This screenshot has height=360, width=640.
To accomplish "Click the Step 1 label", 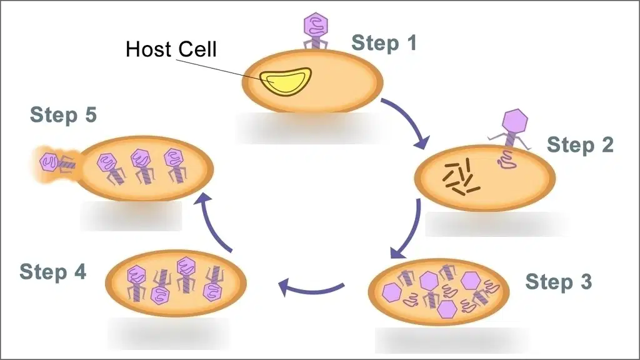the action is (x=384, y=43).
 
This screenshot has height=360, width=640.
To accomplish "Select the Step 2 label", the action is (x=580, y=145).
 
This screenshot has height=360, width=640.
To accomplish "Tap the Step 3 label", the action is (x=558, y=282).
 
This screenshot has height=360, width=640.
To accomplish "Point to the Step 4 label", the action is (x=53, y=272).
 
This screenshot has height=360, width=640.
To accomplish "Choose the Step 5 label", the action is (x=63, y=115).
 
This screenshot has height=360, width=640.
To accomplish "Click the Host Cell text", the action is (x=171, y=49).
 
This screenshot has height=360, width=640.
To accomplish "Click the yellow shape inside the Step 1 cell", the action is (x=286, y=81).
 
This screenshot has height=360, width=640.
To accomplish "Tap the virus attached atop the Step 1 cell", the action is (x=316, y=31).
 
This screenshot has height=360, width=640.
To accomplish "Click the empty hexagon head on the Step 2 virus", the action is (x=515, y=121).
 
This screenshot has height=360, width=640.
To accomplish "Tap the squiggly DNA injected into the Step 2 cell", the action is (x=507, y=159).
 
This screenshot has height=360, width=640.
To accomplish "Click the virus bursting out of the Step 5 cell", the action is (x=57, y=163).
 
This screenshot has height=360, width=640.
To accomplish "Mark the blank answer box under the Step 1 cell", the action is (x=308, y=128).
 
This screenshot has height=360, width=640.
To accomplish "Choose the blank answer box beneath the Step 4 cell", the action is (x=169, y=334).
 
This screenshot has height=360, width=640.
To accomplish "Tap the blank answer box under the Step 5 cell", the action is (x=131, y=216).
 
